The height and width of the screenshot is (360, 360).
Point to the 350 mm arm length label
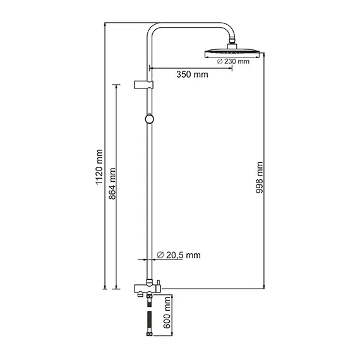click(192, 75)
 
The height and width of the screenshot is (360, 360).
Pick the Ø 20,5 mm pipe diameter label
click(177, 255)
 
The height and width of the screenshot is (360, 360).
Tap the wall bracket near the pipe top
click(145, 83)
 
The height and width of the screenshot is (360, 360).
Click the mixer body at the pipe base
click(148, 288)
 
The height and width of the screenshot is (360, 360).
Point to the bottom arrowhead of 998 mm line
click(263, 287)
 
